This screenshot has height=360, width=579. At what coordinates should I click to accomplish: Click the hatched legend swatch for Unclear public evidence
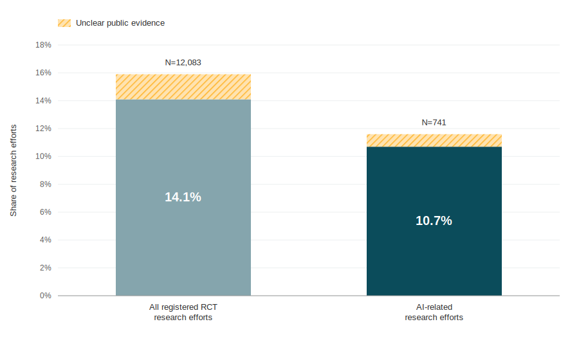pyautogui.click(x=64, y=23)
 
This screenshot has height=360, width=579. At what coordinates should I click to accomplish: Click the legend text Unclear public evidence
pyautogui.click(x=120, y=23)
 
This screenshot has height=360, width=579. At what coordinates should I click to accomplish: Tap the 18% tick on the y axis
pyautogui.click(x=43, y=45)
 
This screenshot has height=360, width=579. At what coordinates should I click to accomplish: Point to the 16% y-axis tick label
pyautogui.click(x=43, y=73)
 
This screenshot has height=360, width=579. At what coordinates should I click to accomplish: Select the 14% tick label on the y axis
pyautogui.click(x=43, y=101)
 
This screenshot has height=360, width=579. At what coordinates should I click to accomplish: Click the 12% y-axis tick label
pyautogui.click(x=43, y=129)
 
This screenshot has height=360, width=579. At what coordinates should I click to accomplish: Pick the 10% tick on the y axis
pyautogui.click(x=43, y=156)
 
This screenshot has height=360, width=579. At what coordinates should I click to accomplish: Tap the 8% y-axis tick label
pyautogui.click(x=46, y=184)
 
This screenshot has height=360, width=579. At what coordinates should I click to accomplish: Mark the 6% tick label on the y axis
pyautogui.click(x=46, y=212)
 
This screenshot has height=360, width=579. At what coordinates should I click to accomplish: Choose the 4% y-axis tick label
pyautogui.click(x=46, y=240)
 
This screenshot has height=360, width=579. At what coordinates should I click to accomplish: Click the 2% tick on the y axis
pyautogui.click(x=46, y=268)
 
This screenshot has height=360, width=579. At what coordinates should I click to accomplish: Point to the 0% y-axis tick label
pyautogui.click(x=46, y=296)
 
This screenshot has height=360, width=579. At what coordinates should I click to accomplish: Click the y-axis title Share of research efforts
pyautogui.click(x=14, y=170)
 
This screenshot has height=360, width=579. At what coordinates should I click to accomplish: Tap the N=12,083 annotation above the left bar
pyautogui.click(x=183, y=62)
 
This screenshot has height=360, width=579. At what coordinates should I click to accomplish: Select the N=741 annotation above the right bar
pyautogui.click(x=434, y=122)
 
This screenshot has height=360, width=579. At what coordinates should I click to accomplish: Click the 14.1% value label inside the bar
pyautogui.click(x=183, y=197)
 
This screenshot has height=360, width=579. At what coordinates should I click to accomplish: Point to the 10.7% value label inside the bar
pyautogui.click(x=434, y=221)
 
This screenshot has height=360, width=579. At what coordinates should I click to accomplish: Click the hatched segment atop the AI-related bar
pyautogui.click(x=434, y=141)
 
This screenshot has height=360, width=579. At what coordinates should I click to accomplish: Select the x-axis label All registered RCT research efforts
pyautogui.click(x=183, y=312)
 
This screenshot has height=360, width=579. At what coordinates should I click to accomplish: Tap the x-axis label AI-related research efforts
pyautogui.click(x=434, y=312)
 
